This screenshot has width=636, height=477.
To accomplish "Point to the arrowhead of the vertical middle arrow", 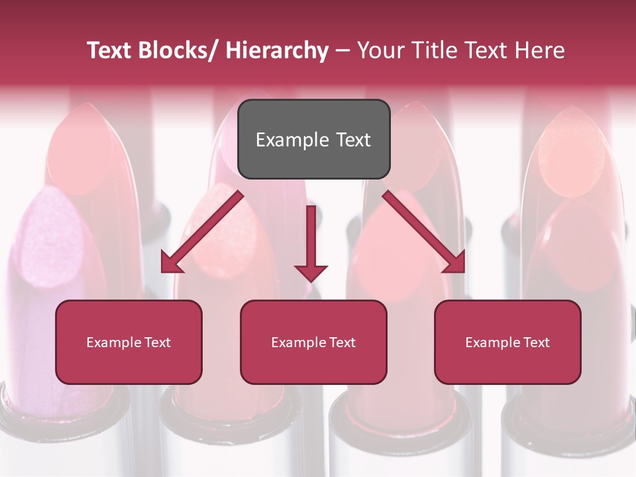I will [x=311, y=272].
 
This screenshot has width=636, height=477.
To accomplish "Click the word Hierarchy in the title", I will [x=277, y=50].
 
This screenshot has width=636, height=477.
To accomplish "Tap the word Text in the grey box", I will [x=352, y=140].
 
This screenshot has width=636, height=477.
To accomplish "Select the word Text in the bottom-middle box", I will [x=340, y=343].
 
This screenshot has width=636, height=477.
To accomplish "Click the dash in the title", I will [x=343, y=51].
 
